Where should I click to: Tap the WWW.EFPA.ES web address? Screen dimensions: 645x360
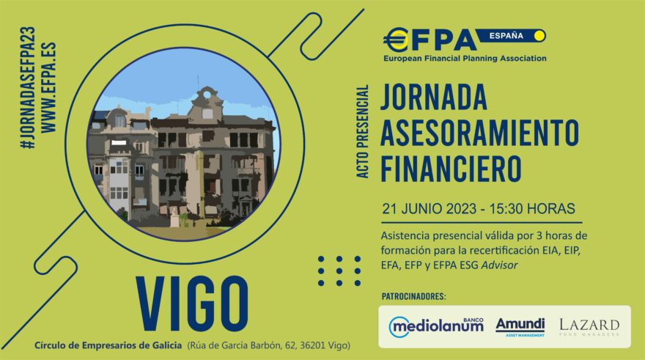(x=49, y=88)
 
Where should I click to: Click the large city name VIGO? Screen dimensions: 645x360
(x=192, y=304)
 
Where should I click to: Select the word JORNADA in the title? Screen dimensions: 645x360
(x=434, y=97)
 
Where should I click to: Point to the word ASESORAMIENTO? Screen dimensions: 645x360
(x=479, y=133)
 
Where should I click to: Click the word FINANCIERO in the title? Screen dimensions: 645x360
(x=451, y=169)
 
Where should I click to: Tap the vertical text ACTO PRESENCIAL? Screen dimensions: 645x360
(x=362, y=132)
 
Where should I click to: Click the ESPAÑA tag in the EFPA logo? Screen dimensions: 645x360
(x=506, y=36)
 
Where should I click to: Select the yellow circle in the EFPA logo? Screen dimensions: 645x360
(x=539, y=36)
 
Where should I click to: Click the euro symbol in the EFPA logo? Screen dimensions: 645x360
(x=396, y=40)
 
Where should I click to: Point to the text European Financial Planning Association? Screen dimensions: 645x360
(x=465, y=59)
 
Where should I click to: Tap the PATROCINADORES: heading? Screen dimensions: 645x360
(x=413, y=296)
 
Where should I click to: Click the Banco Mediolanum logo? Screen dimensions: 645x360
(x=436, y=327)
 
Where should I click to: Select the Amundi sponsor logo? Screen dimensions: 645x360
(x=520, y=327)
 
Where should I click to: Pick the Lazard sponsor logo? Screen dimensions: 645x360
(x=589, y=327)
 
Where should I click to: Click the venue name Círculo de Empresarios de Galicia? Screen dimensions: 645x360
(x=108, y=345)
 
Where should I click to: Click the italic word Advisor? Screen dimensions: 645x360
(x=499, y=265)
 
